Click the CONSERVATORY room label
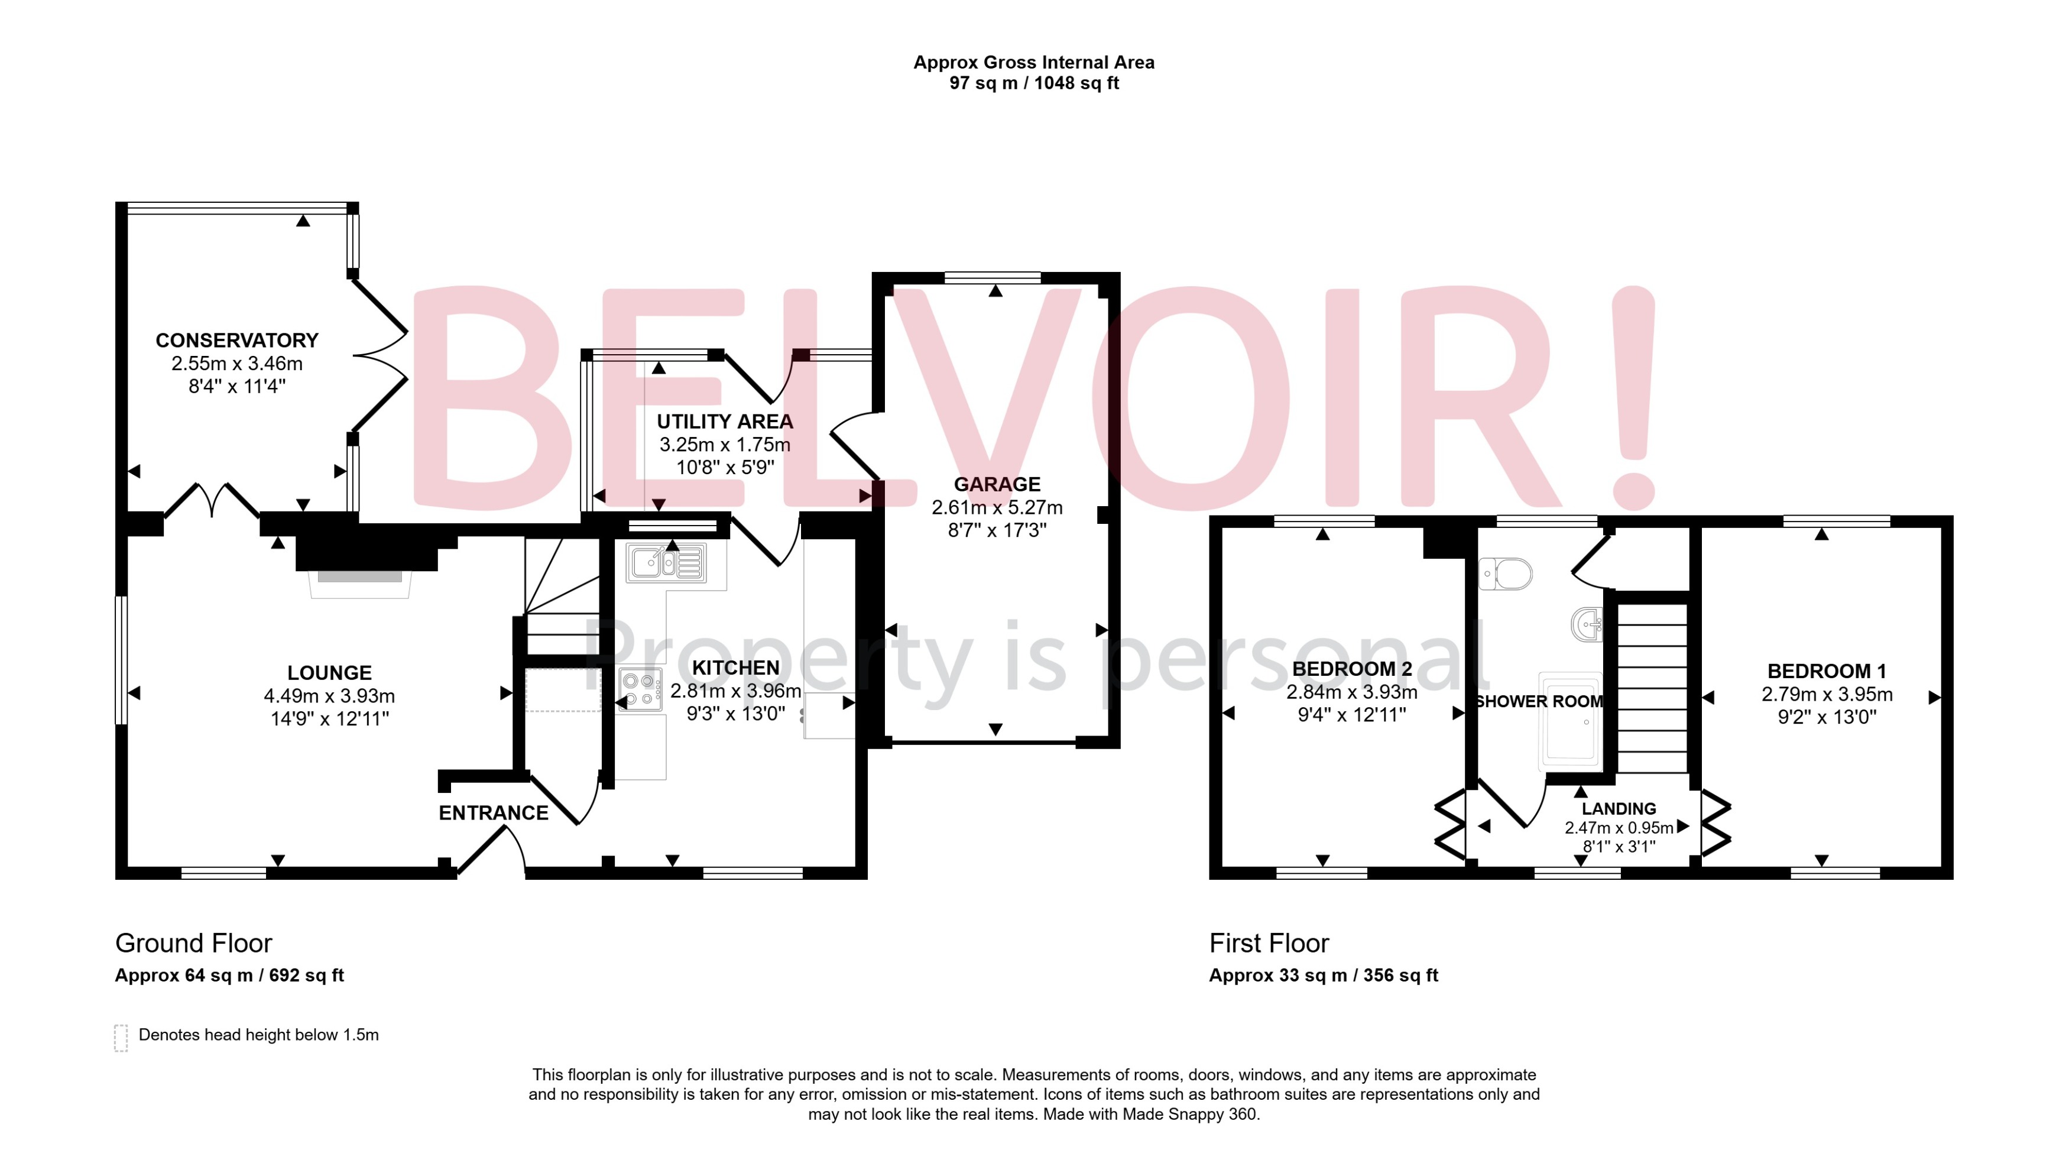237,341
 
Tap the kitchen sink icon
667,562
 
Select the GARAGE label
997,484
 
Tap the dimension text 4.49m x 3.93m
329,695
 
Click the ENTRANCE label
493,813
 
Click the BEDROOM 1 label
1827,671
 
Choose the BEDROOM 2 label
1352,669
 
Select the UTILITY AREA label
725,422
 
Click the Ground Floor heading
193,943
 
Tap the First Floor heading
1269,943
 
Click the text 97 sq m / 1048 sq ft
1034,83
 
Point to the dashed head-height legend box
121,1038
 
